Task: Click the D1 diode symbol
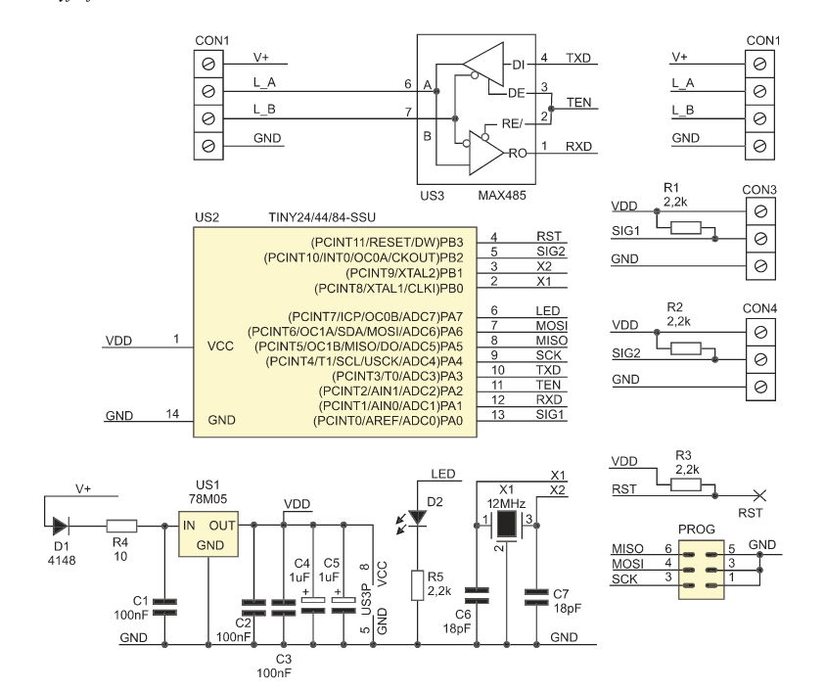[61, 526]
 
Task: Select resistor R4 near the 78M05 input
[121, 526]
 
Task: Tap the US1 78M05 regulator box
[208, 533]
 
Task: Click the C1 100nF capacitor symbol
[164, 607]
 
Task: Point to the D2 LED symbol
[418, 518]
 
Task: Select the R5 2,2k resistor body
[418, 584]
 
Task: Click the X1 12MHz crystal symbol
[506, 525]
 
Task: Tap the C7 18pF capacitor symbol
[536, 598]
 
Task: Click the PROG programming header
[702, 570]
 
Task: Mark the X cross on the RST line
[759, 495]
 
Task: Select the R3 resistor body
[686, 484]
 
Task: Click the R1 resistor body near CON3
[686, 228]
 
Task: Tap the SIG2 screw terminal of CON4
[760, 359]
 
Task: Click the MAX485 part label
[502, 195]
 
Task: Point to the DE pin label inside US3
[516, 93]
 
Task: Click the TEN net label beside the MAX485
[578, 102]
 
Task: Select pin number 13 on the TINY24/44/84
[498, 415]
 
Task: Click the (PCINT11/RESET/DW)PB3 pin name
[388, 243]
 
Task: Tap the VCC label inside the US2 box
[220, 346]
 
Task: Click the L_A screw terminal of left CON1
[208, 92]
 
